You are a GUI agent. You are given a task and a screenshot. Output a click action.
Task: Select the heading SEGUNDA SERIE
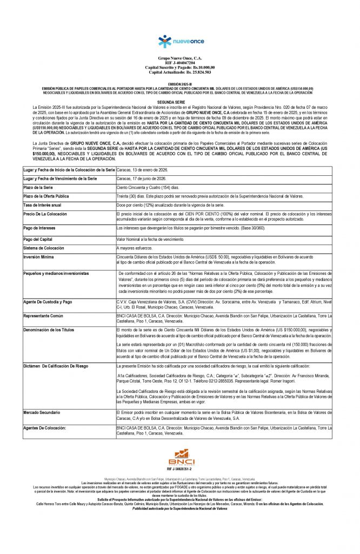click(179, 101)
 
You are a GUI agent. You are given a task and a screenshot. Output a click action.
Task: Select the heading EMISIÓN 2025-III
click(179, 84)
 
